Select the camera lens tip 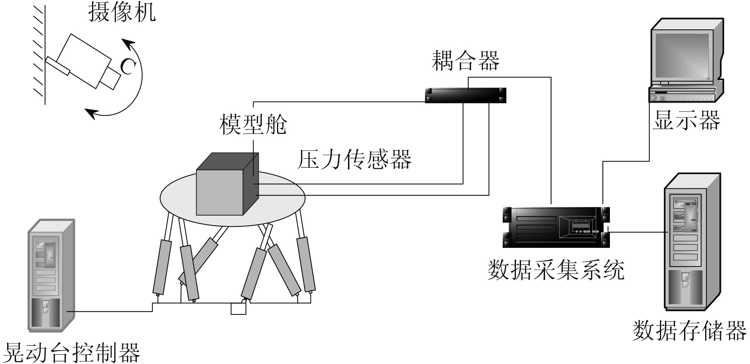110,79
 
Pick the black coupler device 465,95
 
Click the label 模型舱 253,125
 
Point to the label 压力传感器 355,160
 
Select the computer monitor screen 681,56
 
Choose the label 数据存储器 689,331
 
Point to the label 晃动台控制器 71,352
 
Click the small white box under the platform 238,309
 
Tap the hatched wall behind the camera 39,52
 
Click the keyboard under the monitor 682,94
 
